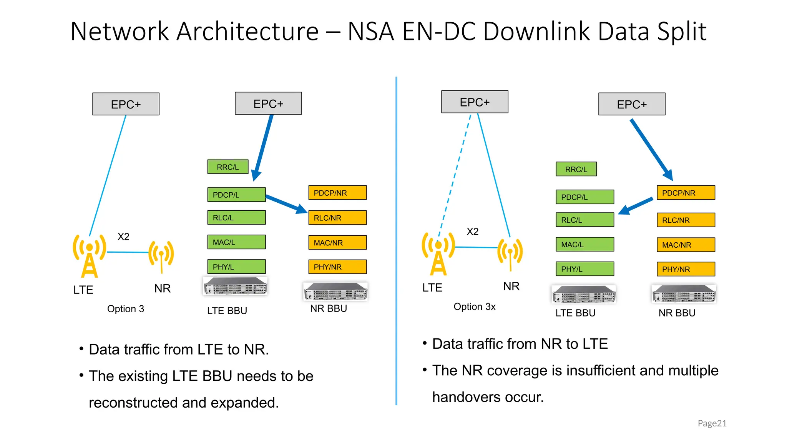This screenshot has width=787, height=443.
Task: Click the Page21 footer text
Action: click(x=712, y=423)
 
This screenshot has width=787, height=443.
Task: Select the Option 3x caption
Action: click(x=474, y=306)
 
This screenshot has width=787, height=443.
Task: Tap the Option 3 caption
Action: click(x=125, y=309)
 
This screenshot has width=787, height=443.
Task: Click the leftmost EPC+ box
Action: click(x=126, y=104)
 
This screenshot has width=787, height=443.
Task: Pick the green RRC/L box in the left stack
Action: click(x=228, y=167)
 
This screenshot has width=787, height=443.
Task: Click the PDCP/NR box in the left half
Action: click(x=337, y=193)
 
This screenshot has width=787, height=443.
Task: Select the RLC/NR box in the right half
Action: click(x=686, y=220)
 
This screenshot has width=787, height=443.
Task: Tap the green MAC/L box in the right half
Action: click(x=584, y=245)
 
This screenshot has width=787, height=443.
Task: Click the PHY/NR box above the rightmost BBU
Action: click(x=686, y=269)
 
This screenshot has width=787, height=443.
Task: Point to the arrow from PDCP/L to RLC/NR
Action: click(x=286, y=203)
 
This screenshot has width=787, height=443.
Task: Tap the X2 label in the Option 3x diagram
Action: click(x=472, y=231)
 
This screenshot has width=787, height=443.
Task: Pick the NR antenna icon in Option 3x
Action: click(x=510, y=253)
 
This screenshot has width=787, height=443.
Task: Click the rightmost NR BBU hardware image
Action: click(x=684, y=294)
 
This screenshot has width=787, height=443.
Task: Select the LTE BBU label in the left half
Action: click(x=227, y=310)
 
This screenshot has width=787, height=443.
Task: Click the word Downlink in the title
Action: click(x=536, y=31)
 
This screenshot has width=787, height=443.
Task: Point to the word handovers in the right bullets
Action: click(x=466, y=397)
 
